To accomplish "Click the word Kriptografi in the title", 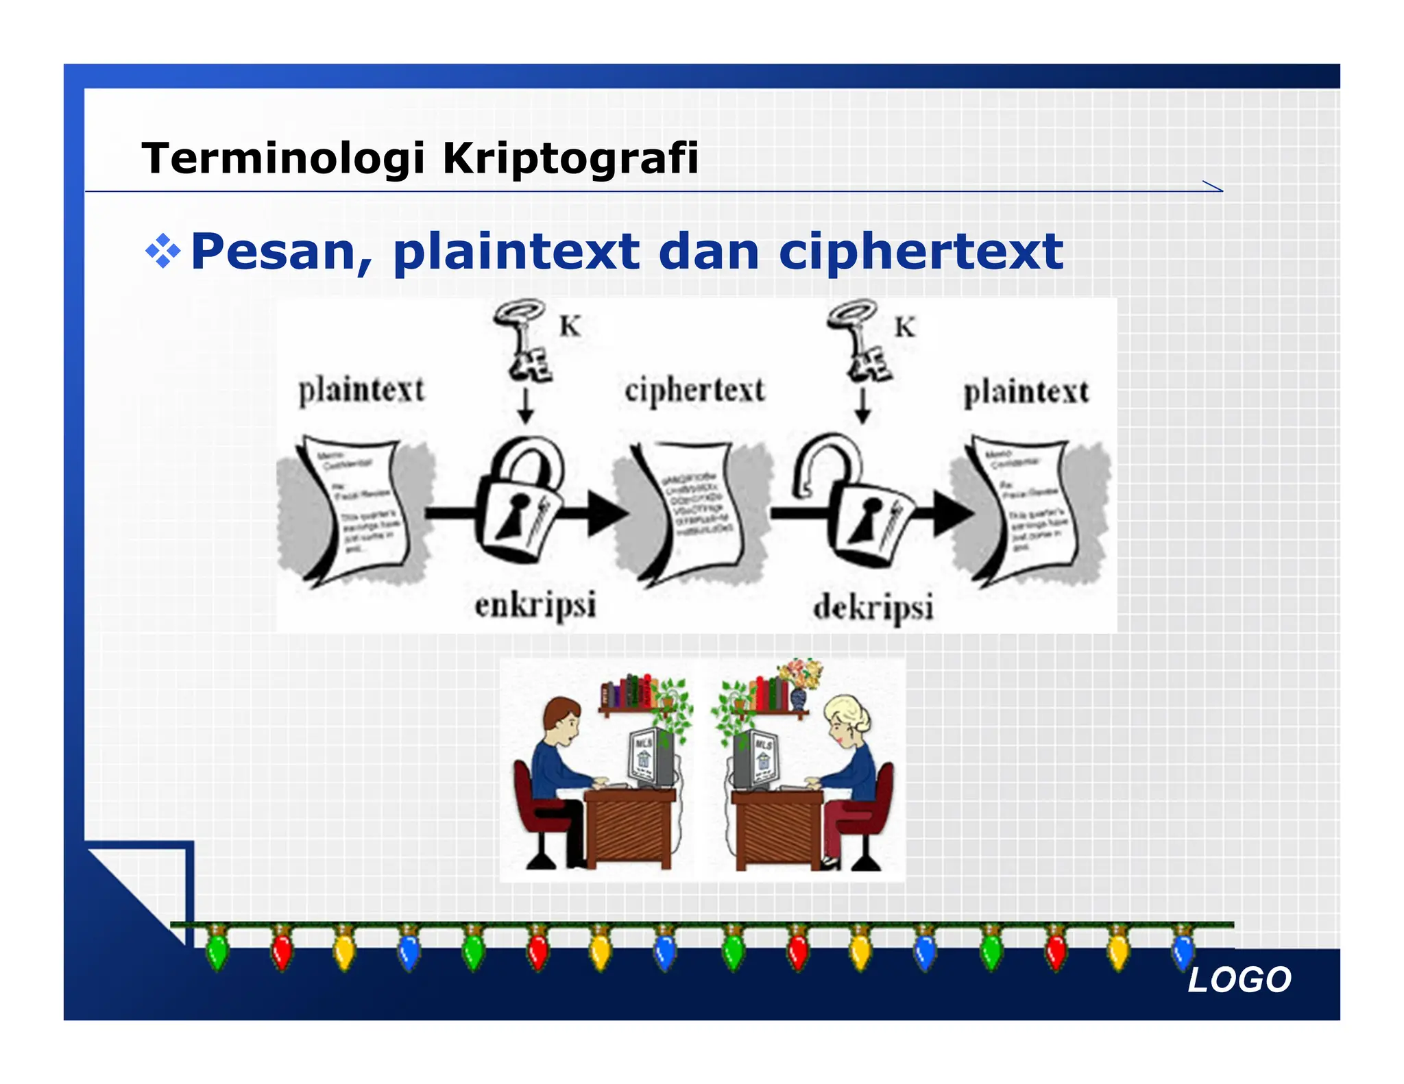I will (x=570, y=158).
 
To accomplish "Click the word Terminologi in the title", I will (x=283, y=158).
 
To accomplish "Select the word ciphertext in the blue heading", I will (x=921, y=252).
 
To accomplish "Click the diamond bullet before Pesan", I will (x=163, y=251).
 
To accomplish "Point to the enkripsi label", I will (x=535, y=606).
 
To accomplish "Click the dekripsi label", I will (x=873, y=608).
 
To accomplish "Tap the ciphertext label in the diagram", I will (x=694, y=391).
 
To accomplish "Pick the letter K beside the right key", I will (x=905, y=328).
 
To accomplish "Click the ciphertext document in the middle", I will (x=692, y=510).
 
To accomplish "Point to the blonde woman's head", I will (x=847, y=719).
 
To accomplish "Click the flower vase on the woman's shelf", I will (x=799, y=698).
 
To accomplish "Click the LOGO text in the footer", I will (x=1239, y=980).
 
